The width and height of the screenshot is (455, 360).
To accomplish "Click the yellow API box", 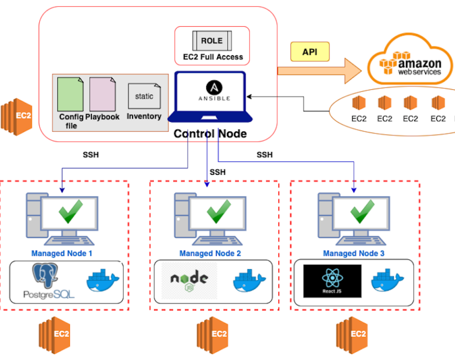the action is click(310, 52).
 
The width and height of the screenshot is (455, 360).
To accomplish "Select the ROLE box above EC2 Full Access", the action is click(212, 41).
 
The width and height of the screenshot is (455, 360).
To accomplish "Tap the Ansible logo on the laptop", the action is click(214, 90).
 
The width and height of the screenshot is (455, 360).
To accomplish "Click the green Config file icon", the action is click(70, 94).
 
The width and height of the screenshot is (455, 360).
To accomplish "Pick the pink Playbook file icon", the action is click(103, 94).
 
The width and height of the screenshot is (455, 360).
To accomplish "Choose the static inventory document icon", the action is click(144, 96).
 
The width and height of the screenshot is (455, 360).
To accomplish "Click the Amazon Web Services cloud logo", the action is click(410, 59).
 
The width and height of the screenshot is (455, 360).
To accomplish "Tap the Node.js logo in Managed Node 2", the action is click(189, 281).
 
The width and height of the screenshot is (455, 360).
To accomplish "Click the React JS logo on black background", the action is click(332, 281).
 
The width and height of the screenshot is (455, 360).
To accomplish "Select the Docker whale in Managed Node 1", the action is click(103, 280).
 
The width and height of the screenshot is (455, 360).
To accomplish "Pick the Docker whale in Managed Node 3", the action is click(387, 280).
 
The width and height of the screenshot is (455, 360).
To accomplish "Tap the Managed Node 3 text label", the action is click(354, 253).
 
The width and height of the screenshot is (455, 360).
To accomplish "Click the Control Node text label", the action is click(210, 134).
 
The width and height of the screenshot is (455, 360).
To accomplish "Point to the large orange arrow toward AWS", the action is click(319, 71).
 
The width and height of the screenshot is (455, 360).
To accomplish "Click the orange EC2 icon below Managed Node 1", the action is click(55, 335).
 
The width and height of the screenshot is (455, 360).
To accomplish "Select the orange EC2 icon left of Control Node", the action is click(17, 117).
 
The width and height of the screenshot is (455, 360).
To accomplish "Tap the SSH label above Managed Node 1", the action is click(91, 155).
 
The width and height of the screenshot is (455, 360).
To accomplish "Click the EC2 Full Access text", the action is click(213, 57).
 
